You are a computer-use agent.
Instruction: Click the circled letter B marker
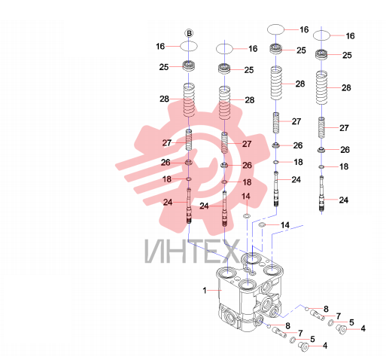point(189,33)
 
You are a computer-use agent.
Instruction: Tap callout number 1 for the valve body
point(205,291)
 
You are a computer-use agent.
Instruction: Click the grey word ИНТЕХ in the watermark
point(192,252)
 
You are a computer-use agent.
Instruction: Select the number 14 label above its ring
point(246,196)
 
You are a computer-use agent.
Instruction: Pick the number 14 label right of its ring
point(285,225)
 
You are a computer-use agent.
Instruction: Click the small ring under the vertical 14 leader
point(247,215)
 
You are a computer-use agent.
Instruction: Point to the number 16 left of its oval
point(160,47)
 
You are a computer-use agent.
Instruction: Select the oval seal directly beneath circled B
point(189,46)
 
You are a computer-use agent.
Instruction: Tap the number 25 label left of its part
point(164,67)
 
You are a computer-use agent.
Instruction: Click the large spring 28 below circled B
point(189,100)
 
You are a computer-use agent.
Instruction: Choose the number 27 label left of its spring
point(167,143)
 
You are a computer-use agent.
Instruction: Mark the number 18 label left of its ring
point(167,179)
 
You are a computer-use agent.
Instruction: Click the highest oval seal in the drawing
point(275,29)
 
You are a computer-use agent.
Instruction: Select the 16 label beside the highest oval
point(304,29)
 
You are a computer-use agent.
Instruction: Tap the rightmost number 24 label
point(344,200)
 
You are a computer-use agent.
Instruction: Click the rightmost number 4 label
point(363,328)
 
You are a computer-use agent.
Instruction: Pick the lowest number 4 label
point(325,346)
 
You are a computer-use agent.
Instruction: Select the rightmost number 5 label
point(351,322)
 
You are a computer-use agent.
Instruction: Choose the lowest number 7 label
point(300,333)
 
